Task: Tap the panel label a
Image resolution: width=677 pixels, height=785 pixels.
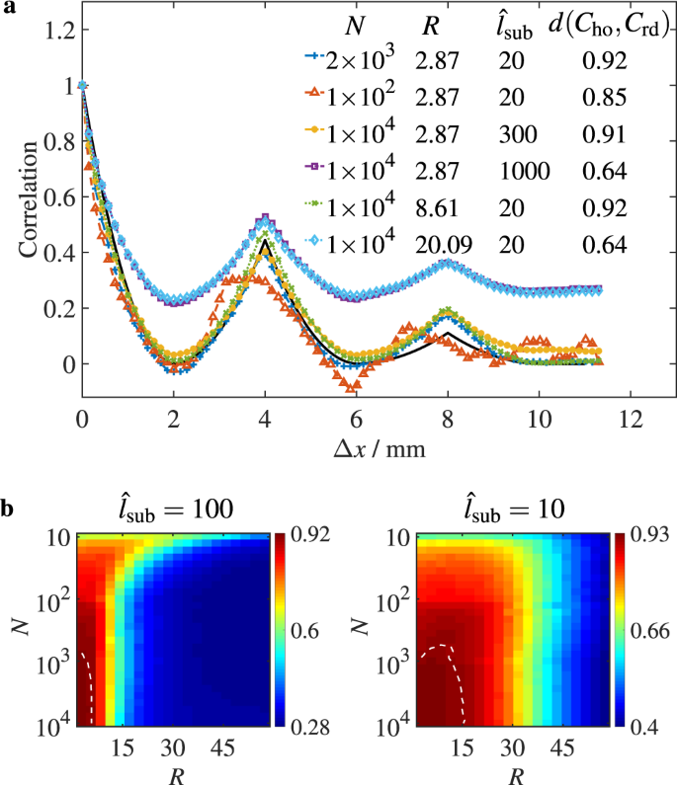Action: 8,9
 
